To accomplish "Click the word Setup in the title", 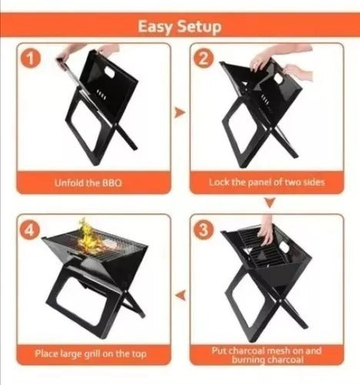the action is pos(199,27).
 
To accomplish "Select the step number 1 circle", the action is pos(31,59).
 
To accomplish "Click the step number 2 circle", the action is pos(203,59).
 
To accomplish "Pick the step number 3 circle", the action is pos(203,229).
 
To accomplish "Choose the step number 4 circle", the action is pos(29,230).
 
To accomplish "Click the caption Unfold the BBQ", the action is pos(88,183).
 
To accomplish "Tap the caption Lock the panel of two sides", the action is pos(267,182).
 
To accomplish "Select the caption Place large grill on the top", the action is pos(91,353).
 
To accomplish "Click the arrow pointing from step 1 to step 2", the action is pos(179,112).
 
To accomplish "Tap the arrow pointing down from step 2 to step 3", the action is pos(270,203).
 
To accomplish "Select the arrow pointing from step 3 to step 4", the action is pos(181,295).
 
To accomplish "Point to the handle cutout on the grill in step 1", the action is pos(112,72).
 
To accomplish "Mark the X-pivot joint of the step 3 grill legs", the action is pos(281,300).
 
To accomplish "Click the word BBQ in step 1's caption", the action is pos(112,183).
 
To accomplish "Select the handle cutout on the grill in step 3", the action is pos(284,247).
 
